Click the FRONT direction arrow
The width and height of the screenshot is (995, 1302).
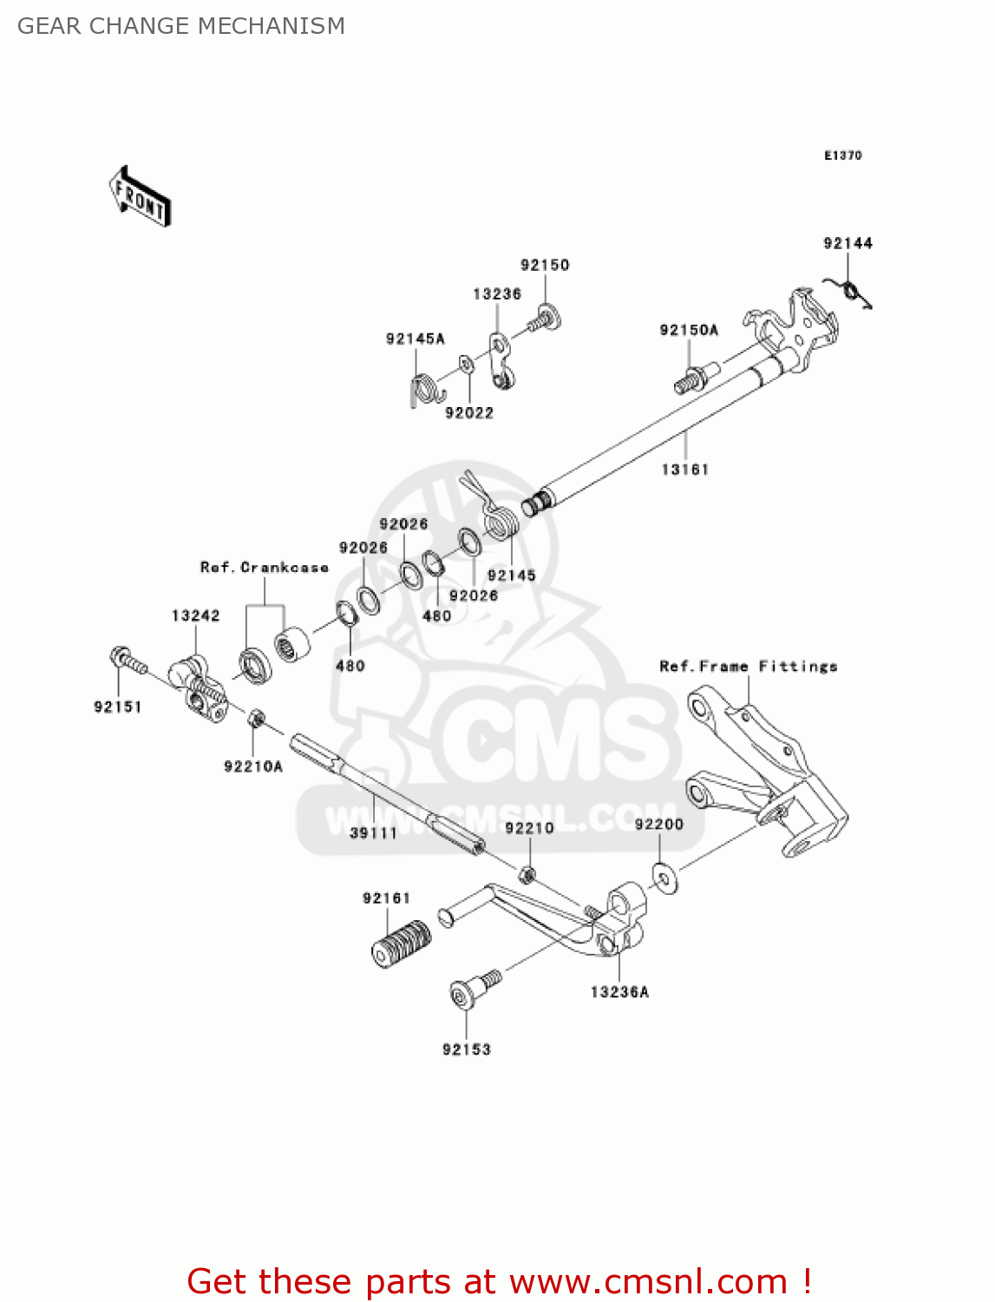click(x=140, y=197)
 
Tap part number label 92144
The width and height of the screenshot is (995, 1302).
click(x=848, y=244)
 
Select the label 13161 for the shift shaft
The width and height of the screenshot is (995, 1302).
click(x=684, y=470)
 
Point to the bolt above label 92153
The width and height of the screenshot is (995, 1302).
click(x=473, y=990)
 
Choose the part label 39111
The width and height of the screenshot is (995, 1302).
click(x=373, y=833)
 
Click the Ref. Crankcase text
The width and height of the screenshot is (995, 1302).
click(x=265, y=568)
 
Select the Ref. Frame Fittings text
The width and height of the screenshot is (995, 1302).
click(x=748, y=667)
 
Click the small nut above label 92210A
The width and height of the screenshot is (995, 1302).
click(x=256, y=719)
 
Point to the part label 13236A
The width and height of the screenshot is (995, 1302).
click(x=619, y=992)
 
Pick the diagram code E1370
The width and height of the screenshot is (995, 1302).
click(x=842, y=155)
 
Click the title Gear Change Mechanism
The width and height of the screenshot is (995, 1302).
click(x=181, y=26)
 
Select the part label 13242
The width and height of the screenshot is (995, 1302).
click(x=195, y=616)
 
